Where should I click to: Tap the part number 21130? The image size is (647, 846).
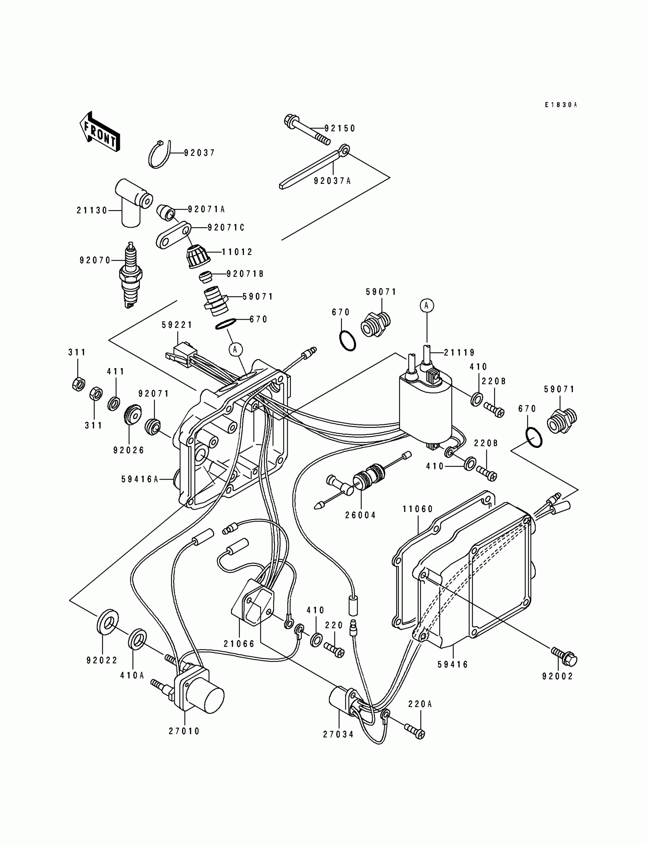92,210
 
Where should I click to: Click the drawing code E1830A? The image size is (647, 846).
561,105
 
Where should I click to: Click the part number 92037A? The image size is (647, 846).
332,181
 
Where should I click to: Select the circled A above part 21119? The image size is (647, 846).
427,305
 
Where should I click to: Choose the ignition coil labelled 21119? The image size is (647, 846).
425,402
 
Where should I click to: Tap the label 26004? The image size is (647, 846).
360,515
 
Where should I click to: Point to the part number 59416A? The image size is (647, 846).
140,479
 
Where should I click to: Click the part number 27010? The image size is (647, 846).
185,731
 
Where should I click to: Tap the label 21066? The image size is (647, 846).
239,644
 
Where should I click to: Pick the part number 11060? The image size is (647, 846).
418,509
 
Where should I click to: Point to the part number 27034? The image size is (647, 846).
338,734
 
